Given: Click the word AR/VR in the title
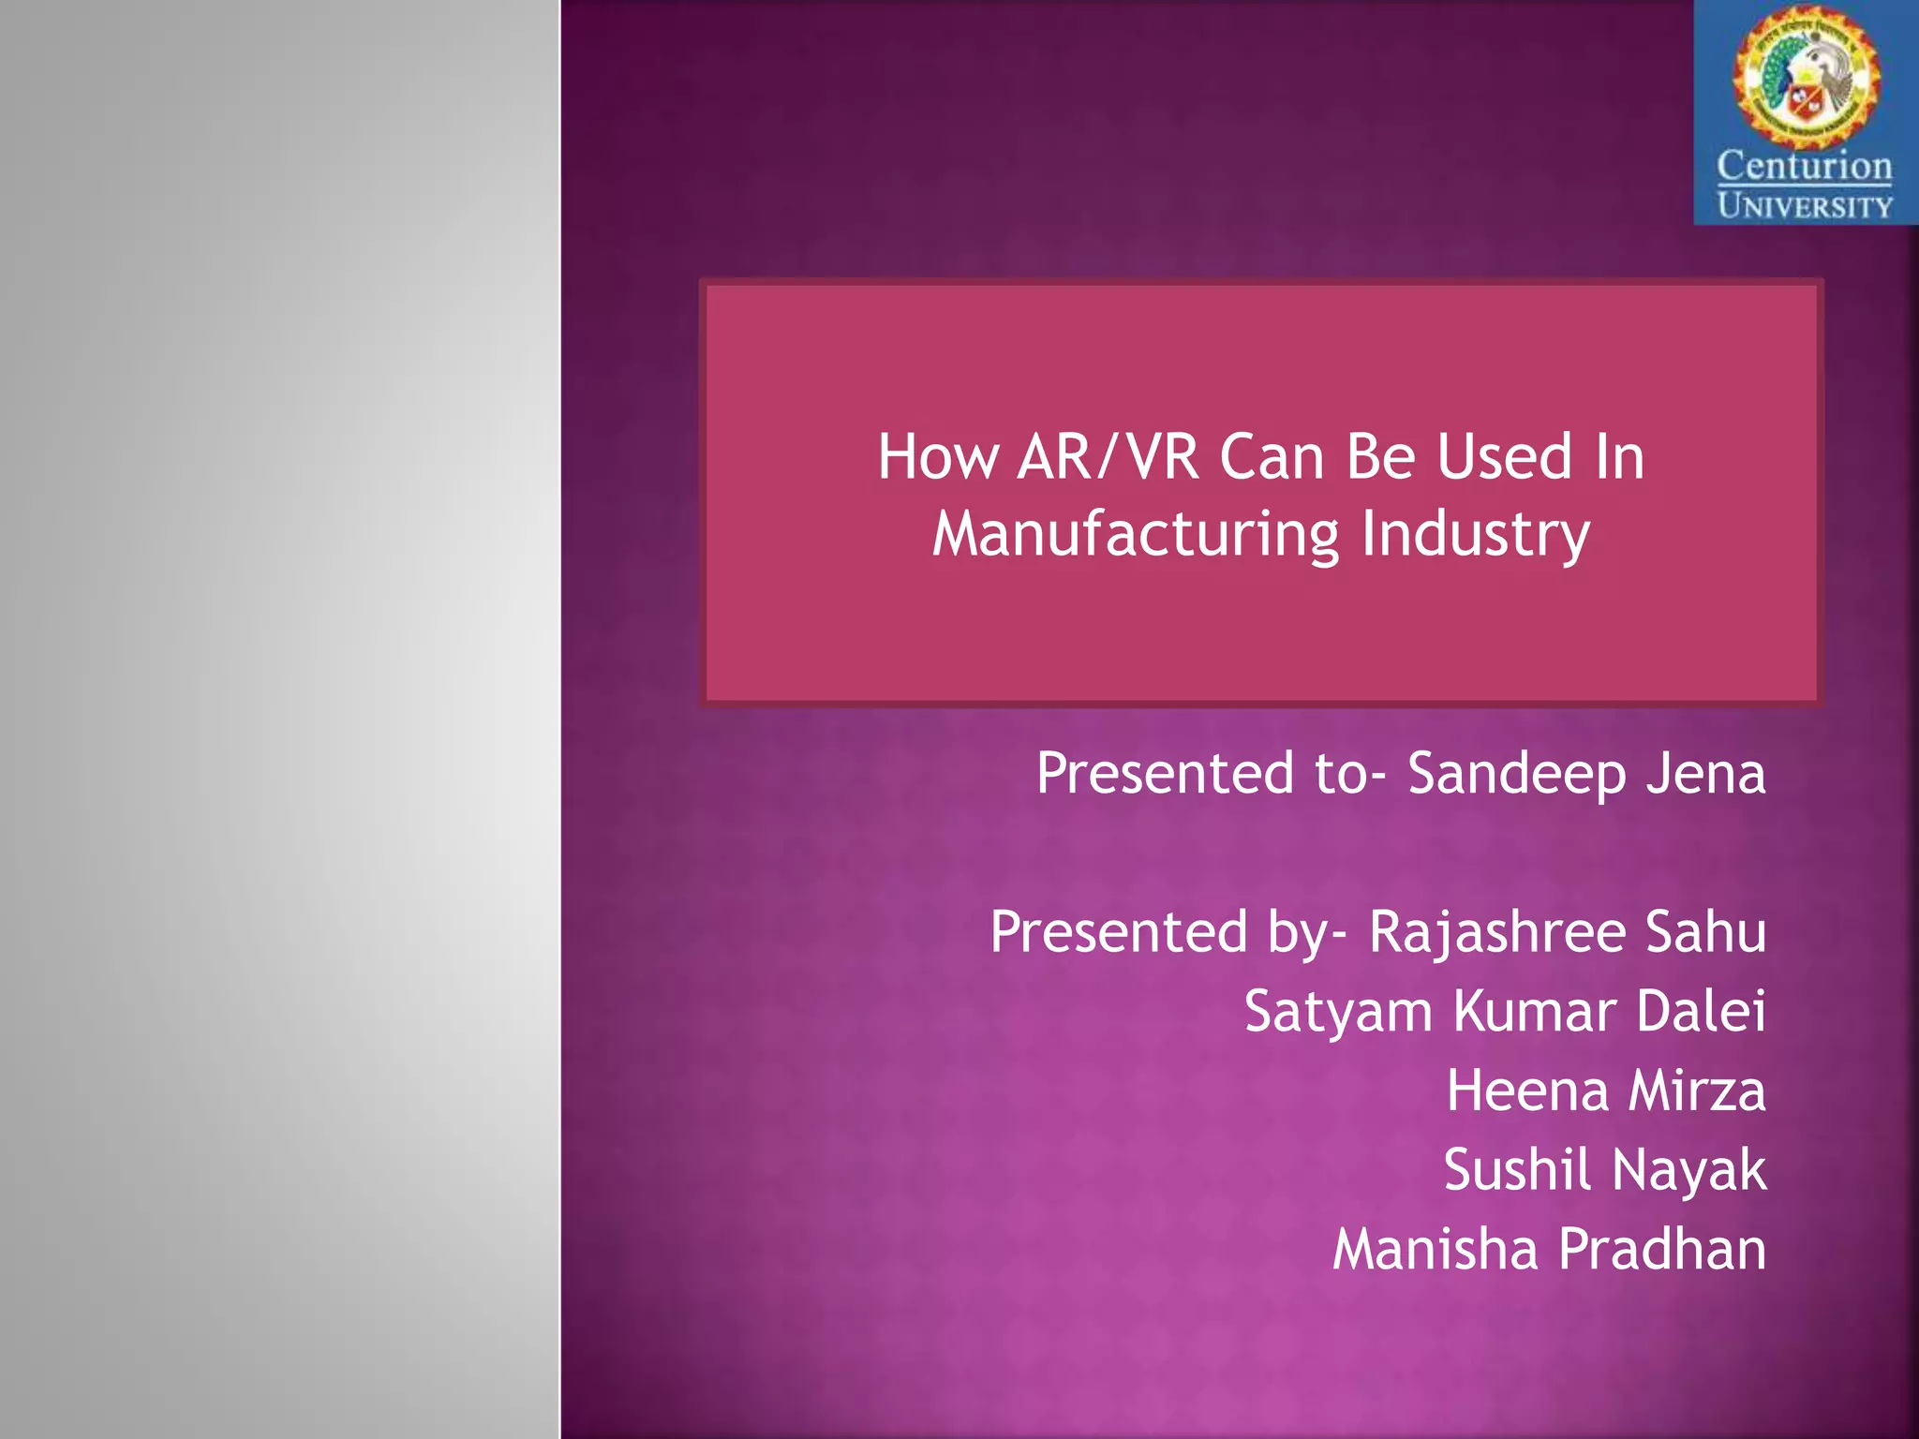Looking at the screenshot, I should (x=1108, y=457).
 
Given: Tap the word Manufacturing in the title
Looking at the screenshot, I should (x=1136, y=534).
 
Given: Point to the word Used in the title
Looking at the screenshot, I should (x=1504, y=457).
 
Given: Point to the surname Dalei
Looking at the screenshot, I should (x=1701, y=1012).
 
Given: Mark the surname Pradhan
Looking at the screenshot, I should (x=1663, y=1251).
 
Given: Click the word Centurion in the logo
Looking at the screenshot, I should (x=1804, y=167).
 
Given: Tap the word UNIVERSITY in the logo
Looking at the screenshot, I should (x=1804, y=206).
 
